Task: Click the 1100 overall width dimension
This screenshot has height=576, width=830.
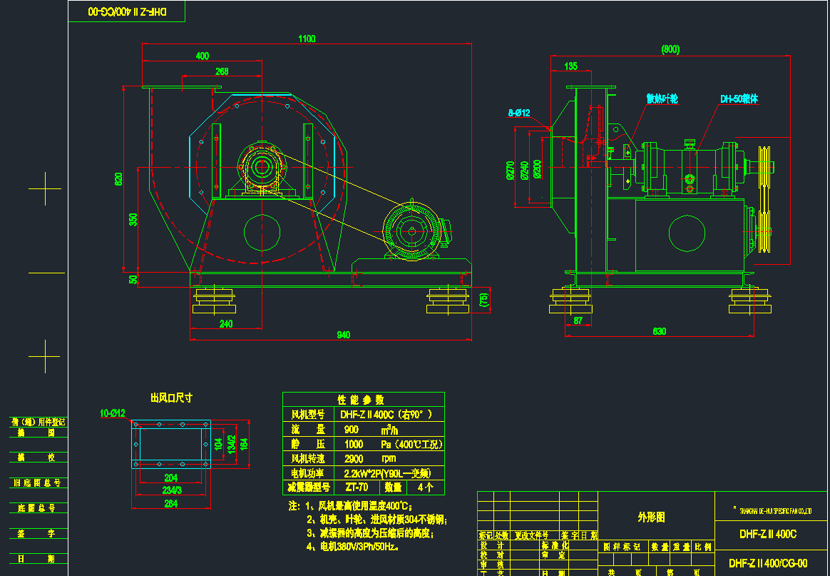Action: point(307,39)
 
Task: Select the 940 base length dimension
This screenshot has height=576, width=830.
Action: point(343,334)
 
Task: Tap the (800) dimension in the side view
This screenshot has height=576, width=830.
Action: point(670,49)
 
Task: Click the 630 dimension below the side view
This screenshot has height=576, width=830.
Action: point(660,330)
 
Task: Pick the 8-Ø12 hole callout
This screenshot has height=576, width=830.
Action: point(518,113)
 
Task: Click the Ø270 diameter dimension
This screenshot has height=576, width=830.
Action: point(510,169)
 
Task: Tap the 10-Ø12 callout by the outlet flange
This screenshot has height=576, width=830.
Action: point(112,413)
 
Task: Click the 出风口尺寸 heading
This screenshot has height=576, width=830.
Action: point(170,398)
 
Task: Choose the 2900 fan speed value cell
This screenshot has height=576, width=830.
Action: point(354,458)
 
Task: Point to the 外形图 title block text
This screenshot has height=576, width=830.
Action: point(650,517)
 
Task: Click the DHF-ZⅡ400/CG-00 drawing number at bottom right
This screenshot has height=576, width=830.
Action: point(773,562)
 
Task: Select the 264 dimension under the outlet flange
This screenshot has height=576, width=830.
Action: point(171,503)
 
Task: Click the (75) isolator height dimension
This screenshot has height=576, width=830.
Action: point(485,300)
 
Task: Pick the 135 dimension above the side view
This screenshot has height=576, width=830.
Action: point(570,66)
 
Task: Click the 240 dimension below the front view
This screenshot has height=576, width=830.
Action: point(225,323)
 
